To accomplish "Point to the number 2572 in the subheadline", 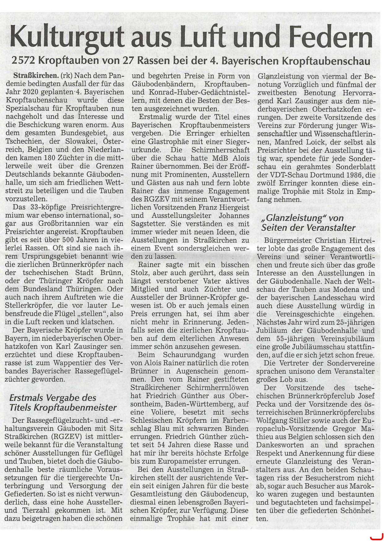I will click(23, 60).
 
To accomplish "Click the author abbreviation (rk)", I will click(67, 76).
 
